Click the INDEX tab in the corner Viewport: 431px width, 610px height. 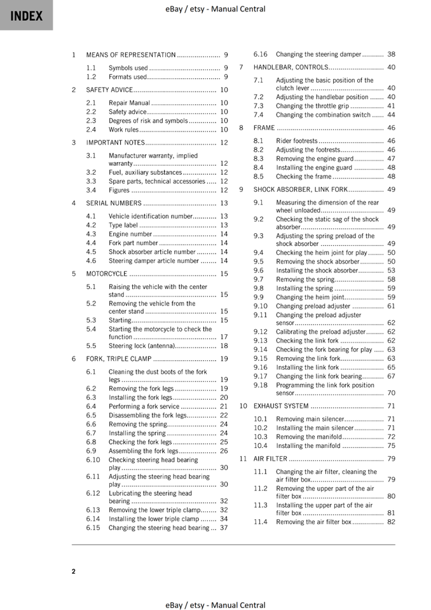pyautogui.click(x=26, y=15)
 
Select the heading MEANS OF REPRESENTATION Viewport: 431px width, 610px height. pyautogui.click(x=131, y=55)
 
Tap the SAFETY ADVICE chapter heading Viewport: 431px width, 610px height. pyautogui.click(x=109, y=90)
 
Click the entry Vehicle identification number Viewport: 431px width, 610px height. pyautogui.click(x=150, y=217)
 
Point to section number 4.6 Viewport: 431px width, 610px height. pyautogui.click(x=92, y=261)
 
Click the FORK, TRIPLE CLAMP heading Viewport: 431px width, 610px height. pyautogui.click(x=119, y=359)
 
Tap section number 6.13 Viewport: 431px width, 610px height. pyautogui.click(x=93, y=510)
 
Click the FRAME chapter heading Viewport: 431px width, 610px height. pyautogui.click(x=264, y=128)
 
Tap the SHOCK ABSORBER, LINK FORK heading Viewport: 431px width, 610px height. pyautogui.click(x=301, y=190)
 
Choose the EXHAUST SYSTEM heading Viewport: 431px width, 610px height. pyautogui.click(x=281, y=406)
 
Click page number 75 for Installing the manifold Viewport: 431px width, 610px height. pyautogui.click(x=391, y=446)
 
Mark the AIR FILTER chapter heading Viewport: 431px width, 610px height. pyautogui.click(x=271, y=459)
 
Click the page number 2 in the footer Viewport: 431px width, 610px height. pyautogui.click(x=74, y=571)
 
